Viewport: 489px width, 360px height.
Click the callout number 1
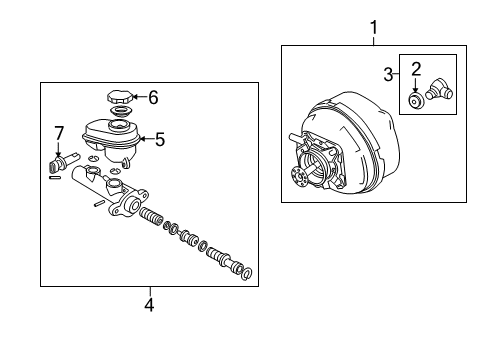point(374,28)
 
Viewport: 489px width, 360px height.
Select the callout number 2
point(415,69)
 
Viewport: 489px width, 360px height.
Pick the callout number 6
point(153,97)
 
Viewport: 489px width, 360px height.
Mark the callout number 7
point(58,132)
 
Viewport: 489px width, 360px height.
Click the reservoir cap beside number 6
point(119,99)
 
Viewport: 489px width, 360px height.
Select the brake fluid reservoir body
point(111,139)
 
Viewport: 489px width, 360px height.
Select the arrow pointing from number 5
point(145,140)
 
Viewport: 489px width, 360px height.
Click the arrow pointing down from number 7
point(58,147)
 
